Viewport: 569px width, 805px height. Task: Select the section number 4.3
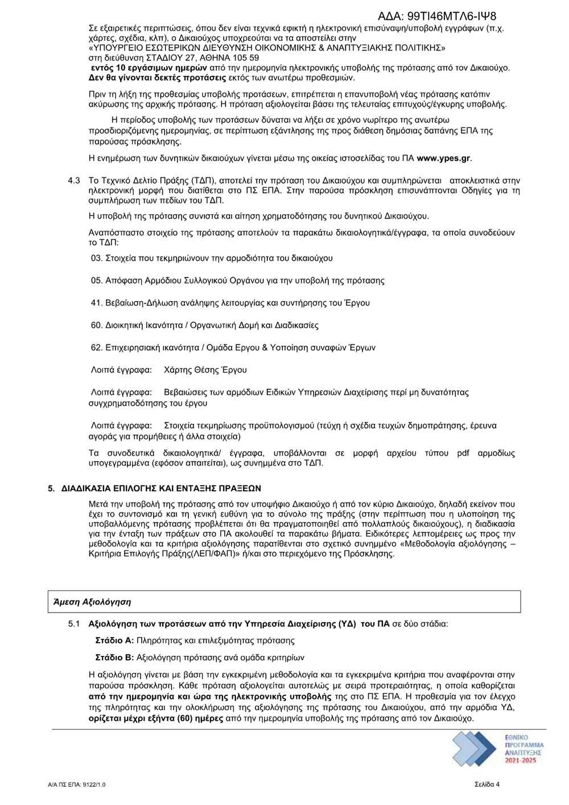[73, 180]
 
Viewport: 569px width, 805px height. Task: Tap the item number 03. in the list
[97, 258]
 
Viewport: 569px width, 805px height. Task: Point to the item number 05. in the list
[97, 280]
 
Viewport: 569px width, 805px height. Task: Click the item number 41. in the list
[97, 303]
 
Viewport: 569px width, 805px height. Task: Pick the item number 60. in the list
[97, 325]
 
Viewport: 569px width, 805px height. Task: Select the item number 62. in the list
[97, 347]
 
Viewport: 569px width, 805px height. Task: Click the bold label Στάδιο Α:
[114, 640]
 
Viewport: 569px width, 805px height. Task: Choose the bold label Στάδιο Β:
[114, 657]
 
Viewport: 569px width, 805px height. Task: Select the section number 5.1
[75, 623]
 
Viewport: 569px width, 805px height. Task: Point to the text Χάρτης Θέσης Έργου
[205, 370]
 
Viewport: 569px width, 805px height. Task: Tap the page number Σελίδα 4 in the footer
[487, 783]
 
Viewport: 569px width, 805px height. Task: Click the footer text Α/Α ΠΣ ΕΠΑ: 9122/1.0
[73, 784]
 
